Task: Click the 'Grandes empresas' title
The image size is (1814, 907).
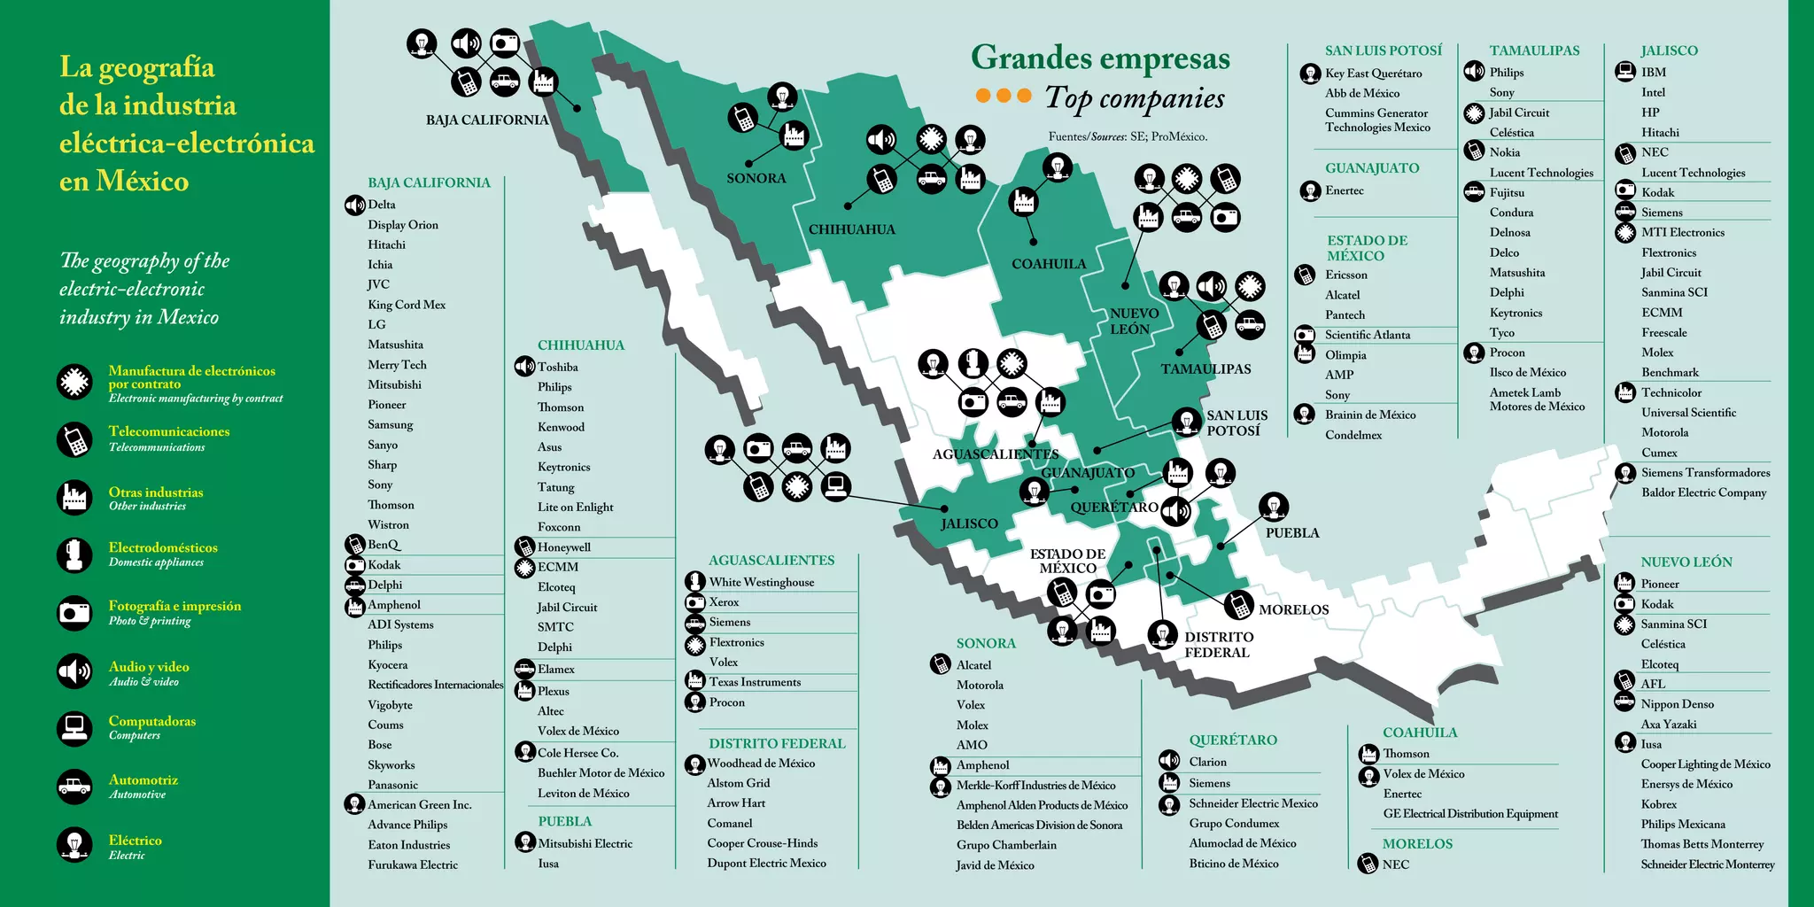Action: pyautogui.click(x=1100, y=58)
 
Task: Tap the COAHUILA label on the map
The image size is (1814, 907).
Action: pyautogui.click(x=1049, y=264)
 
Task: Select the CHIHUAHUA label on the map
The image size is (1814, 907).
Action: pyautogui.click(x=851, y=229)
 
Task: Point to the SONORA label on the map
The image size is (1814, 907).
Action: pyautogui.click(x=756, y=178)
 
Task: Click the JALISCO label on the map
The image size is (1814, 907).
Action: pyautogui.click(x=969, y=523)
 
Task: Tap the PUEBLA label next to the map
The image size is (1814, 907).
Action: pyautogui.click(x=1292, y=533)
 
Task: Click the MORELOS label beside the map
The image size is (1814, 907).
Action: pyautogui.click(x=1293, y=609)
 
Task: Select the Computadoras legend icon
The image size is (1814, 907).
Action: pyautogui.click(x=74, y=728)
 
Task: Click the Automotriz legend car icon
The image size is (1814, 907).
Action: pyautogui.click(x=74, y=787)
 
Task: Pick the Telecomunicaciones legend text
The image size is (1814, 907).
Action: pyautogui.click(x=168, y=431)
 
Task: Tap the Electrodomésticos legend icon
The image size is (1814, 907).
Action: pyautogui.click(x=74, y=554)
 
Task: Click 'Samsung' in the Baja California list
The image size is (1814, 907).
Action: pyautogui.click(x=391, y=424)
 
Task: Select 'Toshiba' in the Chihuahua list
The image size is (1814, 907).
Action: pyautogui.click(x=557, y=367)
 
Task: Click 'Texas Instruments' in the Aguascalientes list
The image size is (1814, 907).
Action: pyautogui.click(x=755, y=682)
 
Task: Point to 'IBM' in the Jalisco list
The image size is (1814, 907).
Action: pyautogui.click(x=1653, y=72)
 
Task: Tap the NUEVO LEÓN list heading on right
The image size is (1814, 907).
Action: pyautogui.click(x=1686, y=562)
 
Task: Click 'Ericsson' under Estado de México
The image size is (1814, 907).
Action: pyautogui.click(x=1345, y=275)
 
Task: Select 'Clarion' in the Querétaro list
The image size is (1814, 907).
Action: pyautogui.click(x=1207, y=762)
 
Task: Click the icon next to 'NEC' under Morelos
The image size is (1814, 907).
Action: pyautogui.click(x=1368, y=864)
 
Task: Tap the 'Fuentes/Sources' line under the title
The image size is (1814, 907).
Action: pyautogui.click(x=1128, y=136)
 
